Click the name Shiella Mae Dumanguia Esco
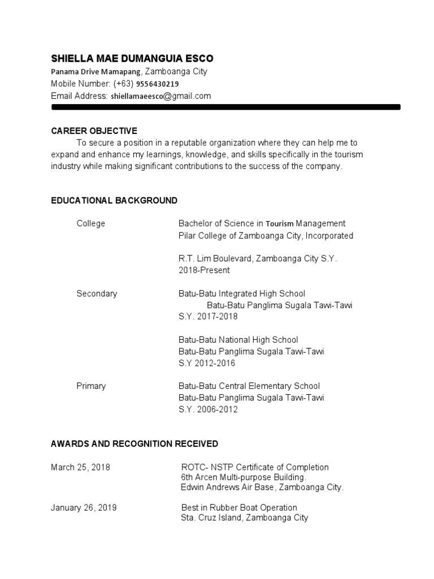tap(132, 59)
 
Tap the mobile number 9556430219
tap(157, 84)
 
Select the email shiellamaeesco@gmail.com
tap(160, 96)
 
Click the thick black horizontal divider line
tap(225, 107)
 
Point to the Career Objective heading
tap(94, 131)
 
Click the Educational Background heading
tap(114, 201)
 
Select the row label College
tap(91, 223)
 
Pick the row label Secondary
tap(97, 293)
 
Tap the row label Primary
tap(91, 386)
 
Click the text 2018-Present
tap(204, 270)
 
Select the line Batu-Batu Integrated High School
tap(242, 293)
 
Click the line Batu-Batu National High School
tap(238, 340)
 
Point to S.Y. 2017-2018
tap(208, 317)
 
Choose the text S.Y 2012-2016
tap(207, 363)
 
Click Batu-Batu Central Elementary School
tap(249, 386)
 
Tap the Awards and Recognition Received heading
tap(134, 444)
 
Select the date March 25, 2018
tap(80, 468)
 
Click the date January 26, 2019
tap(84, 508)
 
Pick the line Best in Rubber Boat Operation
tap(239, 508)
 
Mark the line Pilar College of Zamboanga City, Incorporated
tap(266, 235)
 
